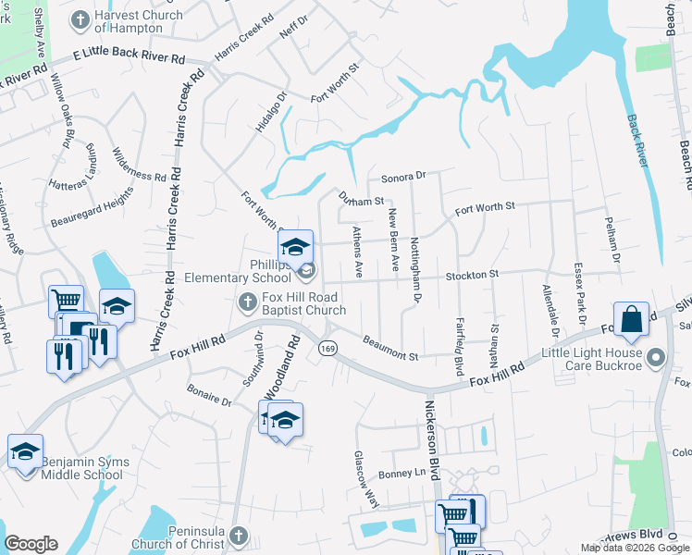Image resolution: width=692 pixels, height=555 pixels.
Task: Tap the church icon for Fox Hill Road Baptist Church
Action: (247, 302)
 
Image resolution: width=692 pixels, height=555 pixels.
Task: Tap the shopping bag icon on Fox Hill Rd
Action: (630, 320)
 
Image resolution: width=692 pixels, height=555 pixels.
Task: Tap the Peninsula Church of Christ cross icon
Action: (239, 536)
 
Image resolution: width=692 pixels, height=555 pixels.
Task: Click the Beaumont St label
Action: (391, 350)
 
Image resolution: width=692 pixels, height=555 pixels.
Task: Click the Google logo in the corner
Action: (31, 544)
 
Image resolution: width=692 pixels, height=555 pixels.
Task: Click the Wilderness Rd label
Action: (139, 164)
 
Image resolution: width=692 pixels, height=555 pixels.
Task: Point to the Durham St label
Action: (361, 200)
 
